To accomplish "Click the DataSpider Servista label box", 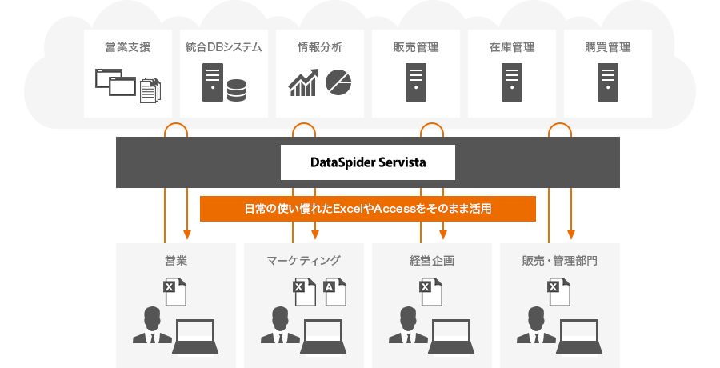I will [367, 162].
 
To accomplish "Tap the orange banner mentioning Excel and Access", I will [367, 209].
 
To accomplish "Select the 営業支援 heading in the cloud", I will [127, 47].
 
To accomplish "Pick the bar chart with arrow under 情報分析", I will [303, 83].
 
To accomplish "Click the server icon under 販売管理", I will [415, 82].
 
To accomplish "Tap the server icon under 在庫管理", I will [511, 82].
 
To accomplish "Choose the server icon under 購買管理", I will [607, 82].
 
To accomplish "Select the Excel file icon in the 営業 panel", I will [174, 293].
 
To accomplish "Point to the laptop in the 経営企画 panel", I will [453, 335].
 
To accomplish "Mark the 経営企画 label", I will [431, 260].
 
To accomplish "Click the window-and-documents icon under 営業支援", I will [127, 84].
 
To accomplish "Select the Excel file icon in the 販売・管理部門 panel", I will [558, 293].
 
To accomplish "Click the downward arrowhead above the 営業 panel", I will [186, 234].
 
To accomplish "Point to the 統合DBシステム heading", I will [223, 47].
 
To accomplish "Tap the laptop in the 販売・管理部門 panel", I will [581, 335].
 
